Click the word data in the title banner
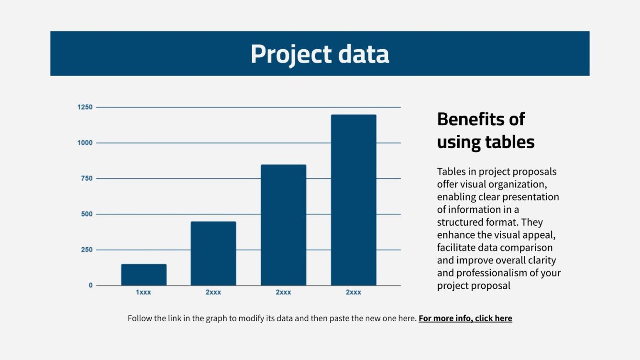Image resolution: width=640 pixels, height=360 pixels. point(364,54)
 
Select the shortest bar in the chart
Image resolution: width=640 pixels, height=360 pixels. point(143,274)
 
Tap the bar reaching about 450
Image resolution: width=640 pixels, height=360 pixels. point(213,253)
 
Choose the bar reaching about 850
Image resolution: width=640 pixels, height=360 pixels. point(283,225)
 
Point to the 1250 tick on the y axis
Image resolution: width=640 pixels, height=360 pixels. point(85,107)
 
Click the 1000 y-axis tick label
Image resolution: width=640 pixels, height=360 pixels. point(85,143)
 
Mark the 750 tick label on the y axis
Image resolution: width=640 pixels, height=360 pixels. point(87,178)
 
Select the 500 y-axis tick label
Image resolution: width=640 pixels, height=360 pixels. point(87,214)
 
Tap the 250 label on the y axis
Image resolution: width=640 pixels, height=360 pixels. point(87,250)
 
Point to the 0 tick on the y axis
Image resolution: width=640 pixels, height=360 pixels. point(91,285)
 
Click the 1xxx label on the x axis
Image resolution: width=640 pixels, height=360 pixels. point(143,292)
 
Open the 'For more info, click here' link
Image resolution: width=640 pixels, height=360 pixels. point(465,318)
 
